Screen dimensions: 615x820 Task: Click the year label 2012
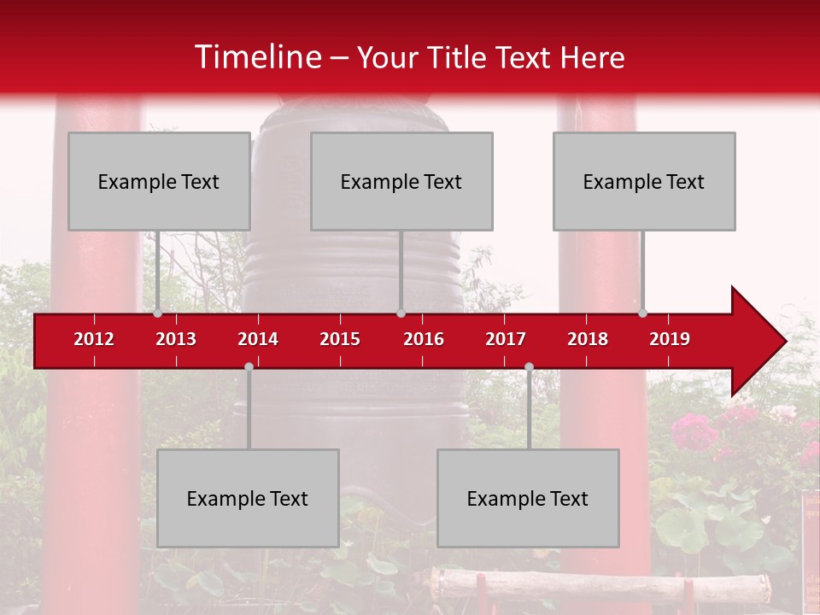click(x=94, y=339)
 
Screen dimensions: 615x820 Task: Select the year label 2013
click(x=176, y=339)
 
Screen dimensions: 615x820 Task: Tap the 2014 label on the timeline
click(x=258, y=339)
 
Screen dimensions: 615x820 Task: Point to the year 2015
click(x=340, y=339)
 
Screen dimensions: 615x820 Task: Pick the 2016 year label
click(x=424, y=339)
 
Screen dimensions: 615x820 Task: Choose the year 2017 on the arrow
click(x=506, y=339)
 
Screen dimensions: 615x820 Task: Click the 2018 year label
click(x=588, y=339)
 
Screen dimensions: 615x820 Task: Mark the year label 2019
click(x=670, y=339)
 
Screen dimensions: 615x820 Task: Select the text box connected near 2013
click(x=159, y=181)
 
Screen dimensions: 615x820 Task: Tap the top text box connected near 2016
click(x=401, y=181)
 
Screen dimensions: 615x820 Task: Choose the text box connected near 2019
click(x=644, y=181)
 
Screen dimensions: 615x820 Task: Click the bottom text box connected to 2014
click(x=248, y=498)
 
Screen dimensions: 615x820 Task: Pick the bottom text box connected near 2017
click(x=528, y=498)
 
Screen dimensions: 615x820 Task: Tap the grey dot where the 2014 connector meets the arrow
click(x=249, y=366)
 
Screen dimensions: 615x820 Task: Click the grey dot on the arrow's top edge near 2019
click(x=642, y=313)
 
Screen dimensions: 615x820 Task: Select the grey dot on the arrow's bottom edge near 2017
click(x=529, y=366)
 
